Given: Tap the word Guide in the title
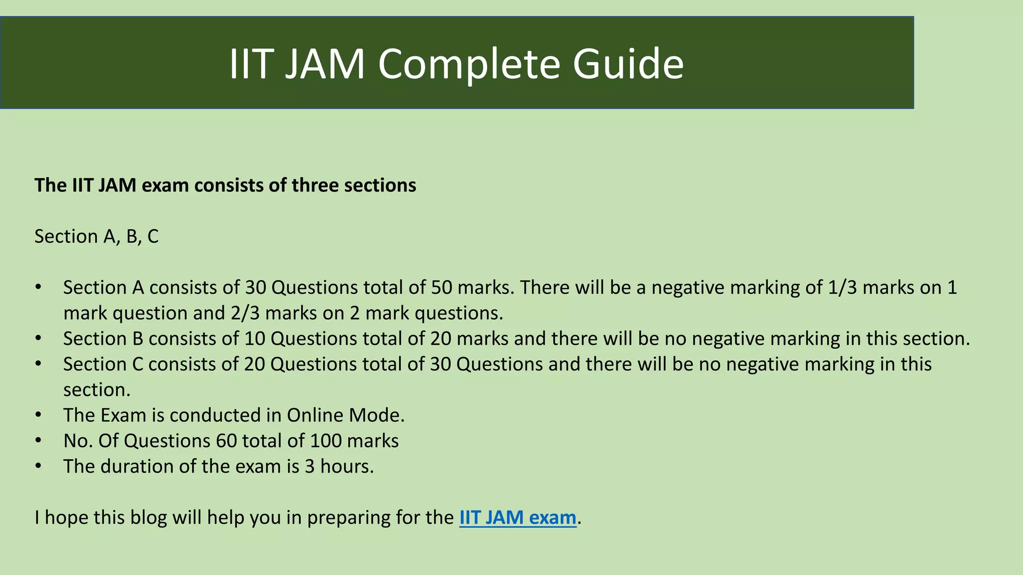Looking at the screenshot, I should pyautogui.click(x=628, y=64).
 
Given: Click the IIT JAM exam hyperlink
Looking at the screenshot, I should pyautogui.click(x=517, y=518).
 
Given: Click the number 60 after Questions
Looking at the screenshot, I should pyautogui.click(x=226, y=441).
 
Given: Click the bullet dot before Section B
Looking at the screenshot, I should pyautogui.click(x=38, y=339).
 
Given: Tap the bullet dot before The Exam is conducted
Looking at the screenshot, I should pyautogui.click(x=38, y=415).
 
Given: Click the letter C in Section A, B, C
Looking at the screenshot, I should pyautogui.click(x=152, y=237).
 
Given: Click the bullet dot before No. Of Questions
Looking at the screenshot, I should pyautogui.click(x=38, y=441).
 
